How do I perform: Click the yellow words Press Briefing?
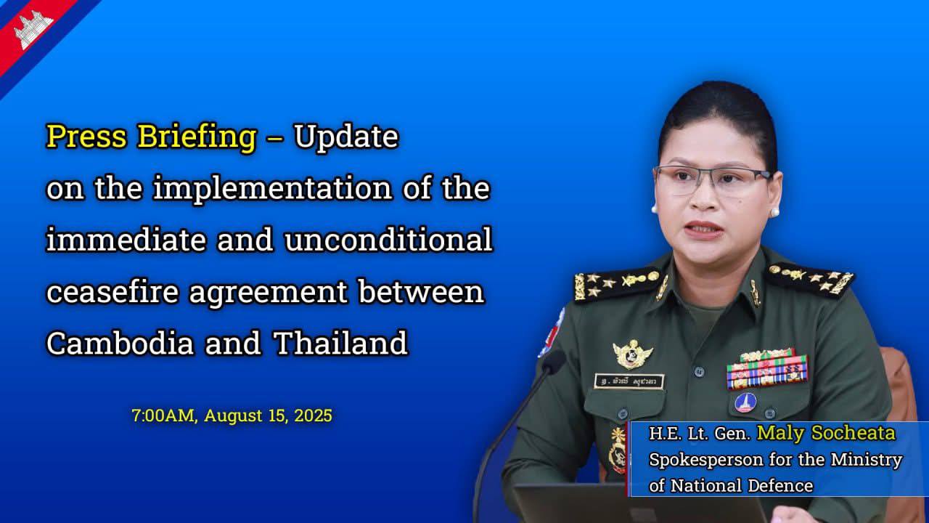click(152, 137)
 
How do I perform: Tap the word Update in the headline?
click(346, 137)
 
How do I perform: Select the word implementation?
click(272, 188)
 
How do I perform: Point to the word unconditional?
click(388, 240)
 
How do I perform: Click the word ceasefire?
click(112, 291)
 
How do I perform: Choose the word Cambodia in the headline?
click(120, 343)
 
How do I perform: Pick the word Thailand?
click(341, 343)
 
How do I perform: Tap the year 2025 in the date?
click(313, 415)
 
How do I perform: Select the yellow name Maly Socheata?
click(826, 434)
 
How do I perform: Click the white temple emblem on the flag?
click(33, 30)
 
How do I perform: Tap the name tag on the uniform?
click(629, 381)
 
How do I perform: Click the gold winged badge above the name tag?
click(632, 354)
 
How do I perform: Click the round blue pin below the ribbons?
click(745, 402)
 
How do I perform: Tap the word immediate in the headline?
click(126, 240)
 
